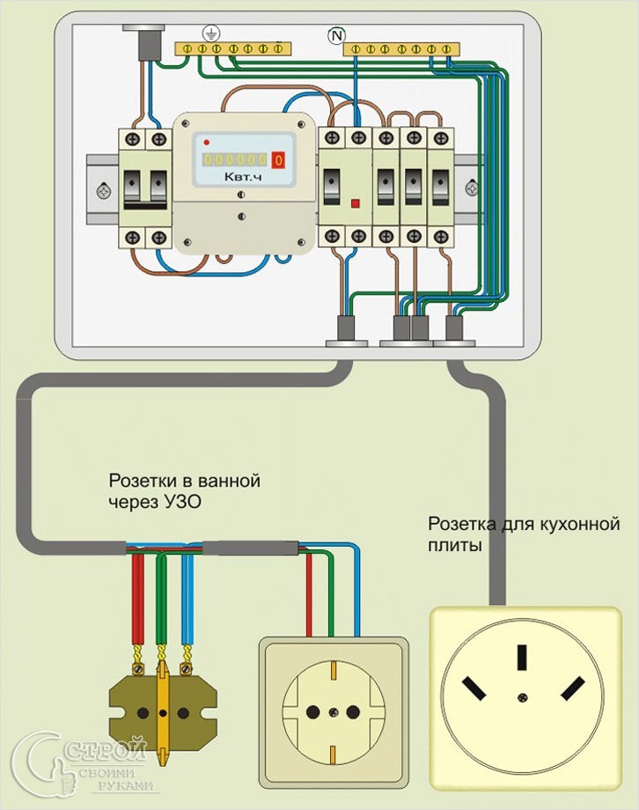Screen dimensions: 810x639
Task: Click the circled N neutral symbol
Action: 336,35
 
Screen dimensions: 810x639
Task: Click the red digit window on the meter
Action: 278,160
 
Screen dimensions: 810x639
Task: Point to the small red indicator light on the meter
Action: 206,142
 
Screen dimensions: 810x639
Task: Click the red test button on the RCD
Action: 356,203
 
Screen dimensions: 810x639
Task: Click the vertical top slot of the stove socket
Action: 523,658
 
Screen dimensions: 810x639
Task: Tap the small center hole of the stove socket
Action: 523,697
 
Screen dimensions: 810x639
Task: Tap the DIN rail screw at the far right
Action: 474,187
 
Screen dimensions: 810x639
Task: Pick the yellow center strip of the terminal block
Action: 162,704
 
